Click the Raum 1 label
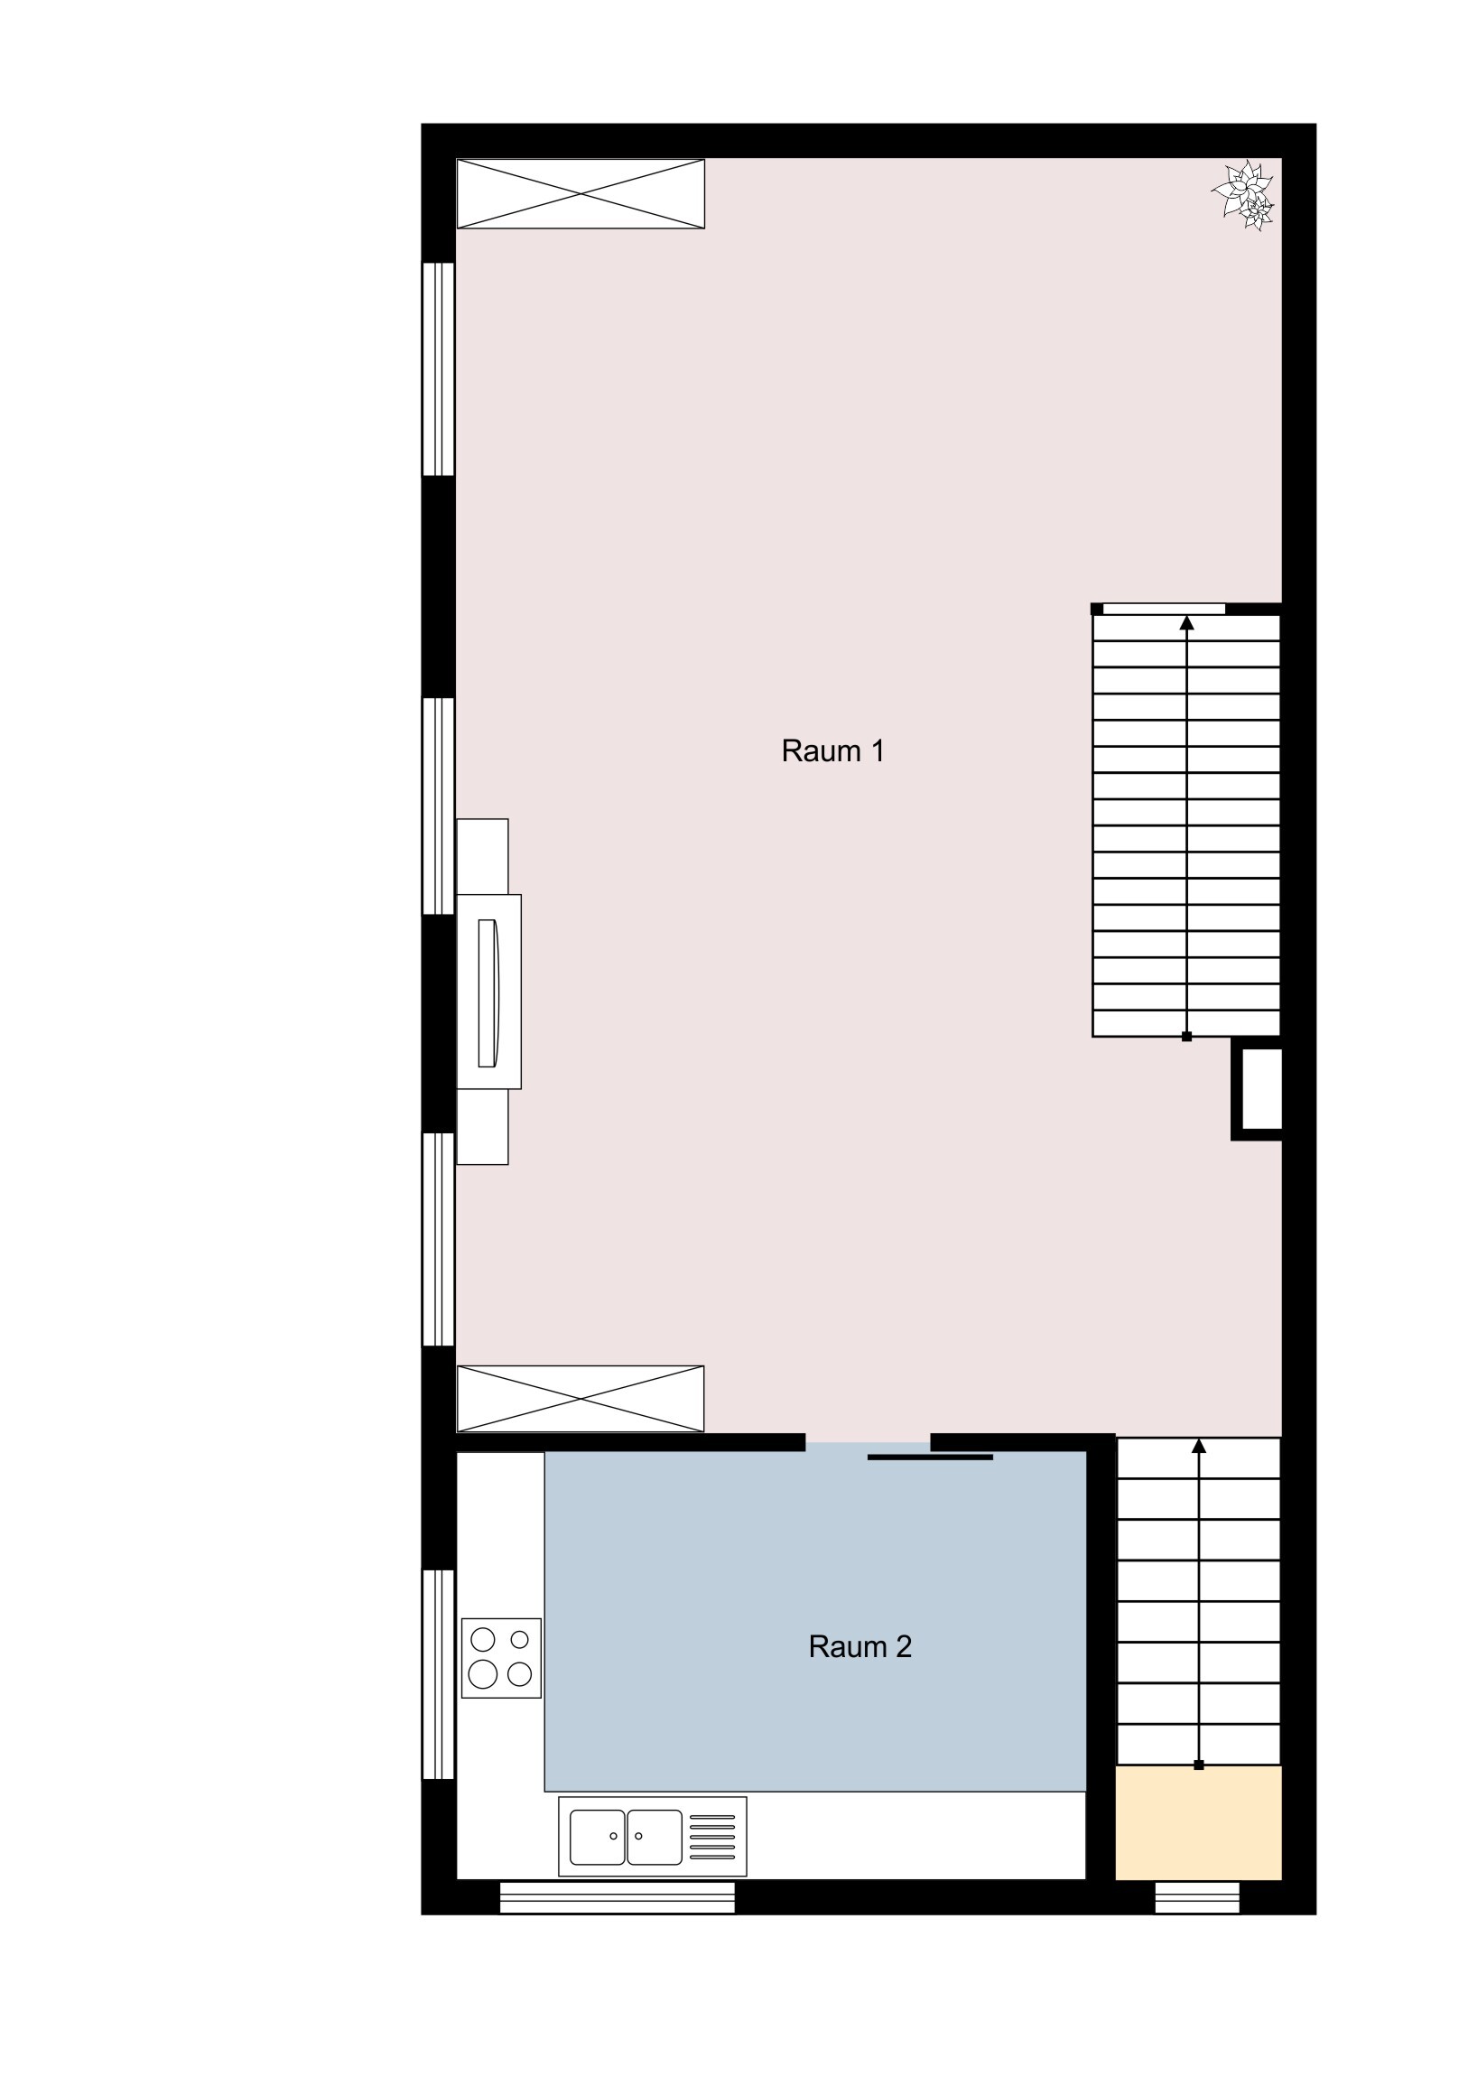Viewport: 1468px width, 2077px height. tap(832, 750)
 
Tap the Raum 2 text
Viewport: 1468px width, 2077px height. tap(859, 1646)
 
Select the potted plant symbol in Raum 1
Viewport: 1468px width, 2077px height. tap(1245, 195)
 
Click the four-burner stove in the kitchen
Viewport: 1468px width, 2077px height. tap(501, 1658)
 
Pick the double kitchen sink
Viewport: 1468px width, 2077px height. tap(626, 1838)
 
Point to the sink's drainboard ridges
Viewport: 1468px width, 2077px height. tap(712, 1838)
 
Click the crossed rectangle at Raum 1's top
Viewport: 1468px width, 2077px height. tap(581, 193)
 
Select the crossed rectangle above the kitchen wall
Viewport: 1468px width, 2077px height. tap(581, 1399)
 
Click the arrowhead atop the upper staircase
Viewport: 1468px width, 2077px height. tap(1186, 622)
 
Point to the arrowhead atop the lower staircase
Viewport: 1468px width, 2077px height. tap(1199, 1447)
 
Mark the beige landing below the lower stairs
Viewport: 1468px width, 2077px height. tap(1198, 1823)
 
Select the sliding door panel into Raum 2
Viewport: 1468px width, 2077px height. tap(930, 1458)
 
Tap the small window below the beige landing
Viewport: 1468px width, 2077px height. tap(1197, 1897)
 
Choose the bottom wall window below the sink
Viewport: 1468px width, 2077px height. tap(618, 1897)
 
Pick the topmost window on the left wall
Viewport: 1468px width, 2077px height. tap(439, 369)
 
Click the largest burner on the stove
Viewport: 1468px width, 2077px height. tap(483, 1673)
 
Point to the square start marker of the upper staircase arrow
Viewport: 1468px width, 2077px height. tap(1186, 1037)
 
